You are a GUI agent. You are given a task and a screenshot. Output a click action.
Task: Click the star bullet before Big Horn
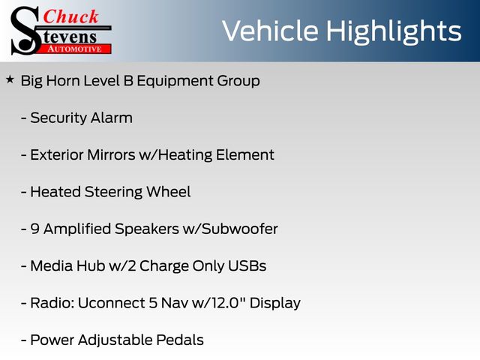click(x=10, y=80)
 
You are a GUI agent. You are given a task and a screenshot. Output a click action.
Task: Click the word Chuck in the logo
click(x=70, y=16)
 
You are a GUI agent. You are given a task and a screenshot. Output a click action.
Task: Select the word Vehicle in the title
click(x=270, y=31)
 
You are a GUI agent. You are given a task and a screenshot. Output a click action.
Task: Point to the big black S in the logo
click(x=25, y=31)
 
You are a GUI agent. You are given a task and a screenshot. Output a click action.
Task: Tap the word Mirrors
click(x=111, y=155)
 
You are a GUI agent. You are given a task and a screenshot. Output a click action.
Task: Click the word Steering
click(x=113, y=193)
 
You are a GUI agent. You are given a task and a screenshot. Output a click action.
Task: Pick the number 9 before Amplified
click(x=35, y=229)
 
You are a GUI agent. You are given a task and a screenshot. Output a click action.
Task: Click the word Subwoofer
click(x=240, y=229)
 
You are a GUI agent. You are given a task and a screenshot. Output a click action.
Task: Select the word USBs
click(x=247, y=266)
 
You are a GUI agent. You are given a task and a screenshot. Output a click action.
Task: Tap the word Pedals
click(x=180, y=340)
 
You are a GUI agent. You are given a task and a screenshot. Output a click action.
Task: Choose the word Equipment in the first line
click(x=175, y=82)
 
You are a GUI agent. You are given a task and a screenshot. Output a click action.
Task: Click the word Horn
click(x=63, y=81)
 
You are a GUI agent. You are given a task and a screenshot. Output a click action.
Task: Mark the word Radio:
click(x=52, y=303)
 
